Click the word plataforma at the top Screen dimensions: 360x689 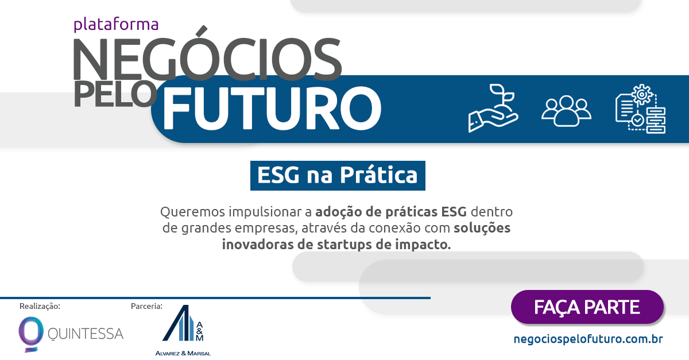[x=116, y=25]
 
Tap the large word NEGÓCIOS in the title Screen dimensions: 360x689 [x=207, y=59]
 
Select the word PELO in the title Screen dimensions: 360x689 [x=115, y=94]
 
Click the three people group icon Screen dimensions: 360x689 [x=566, y=110]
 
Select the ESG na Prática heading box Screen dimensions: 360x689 [x=338, y=175]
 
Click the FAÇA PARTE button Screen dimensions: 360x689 [x=587, y=307]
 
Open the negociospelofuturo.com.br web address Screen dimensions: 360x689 [x=589, y=339]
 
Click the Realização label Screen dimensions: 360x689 [x=40, y=306]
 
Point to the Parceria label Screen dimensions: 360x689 [x=146, y=306]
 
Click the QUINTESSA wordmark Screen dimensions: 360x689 [x=86, y=333]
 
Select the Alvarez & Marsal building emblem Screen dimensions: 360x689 [x=182, y=325]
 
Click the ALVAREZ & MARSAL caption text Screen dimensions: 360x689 [x=183, y=353]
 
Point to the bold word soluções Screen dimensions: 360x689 [x=482, y=227]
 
